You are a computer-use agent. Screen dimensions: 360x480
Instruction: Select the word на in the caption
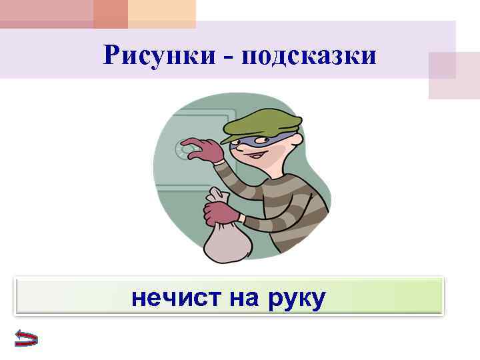coord(243,297)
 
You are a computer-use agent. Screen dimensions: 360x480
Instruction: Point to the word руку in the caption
coord(296,299)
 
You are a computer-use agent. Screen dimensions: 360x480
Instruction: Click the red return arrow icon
coord(25,338)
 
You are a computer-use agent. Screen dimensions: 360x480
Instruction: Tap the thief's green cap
coord(262,119)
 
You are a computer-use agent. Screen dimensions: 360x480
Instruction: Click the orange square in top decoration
coord(111,13)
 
